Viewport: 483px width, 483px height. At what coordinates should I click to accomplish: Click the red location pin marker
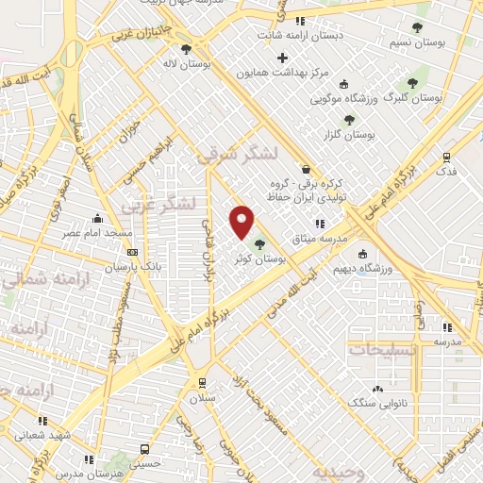click(x=242, y=222)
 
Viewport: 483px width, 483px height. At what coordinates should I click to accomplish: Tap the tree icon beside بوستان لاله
click(x=186, y=48)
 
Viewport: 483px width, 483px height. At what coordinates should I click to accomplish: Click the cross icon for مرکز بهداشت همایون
click(x=282, y=58)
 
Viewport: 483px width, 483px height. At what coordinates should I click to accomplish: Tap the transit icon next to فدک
click(x=447, y=158)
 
